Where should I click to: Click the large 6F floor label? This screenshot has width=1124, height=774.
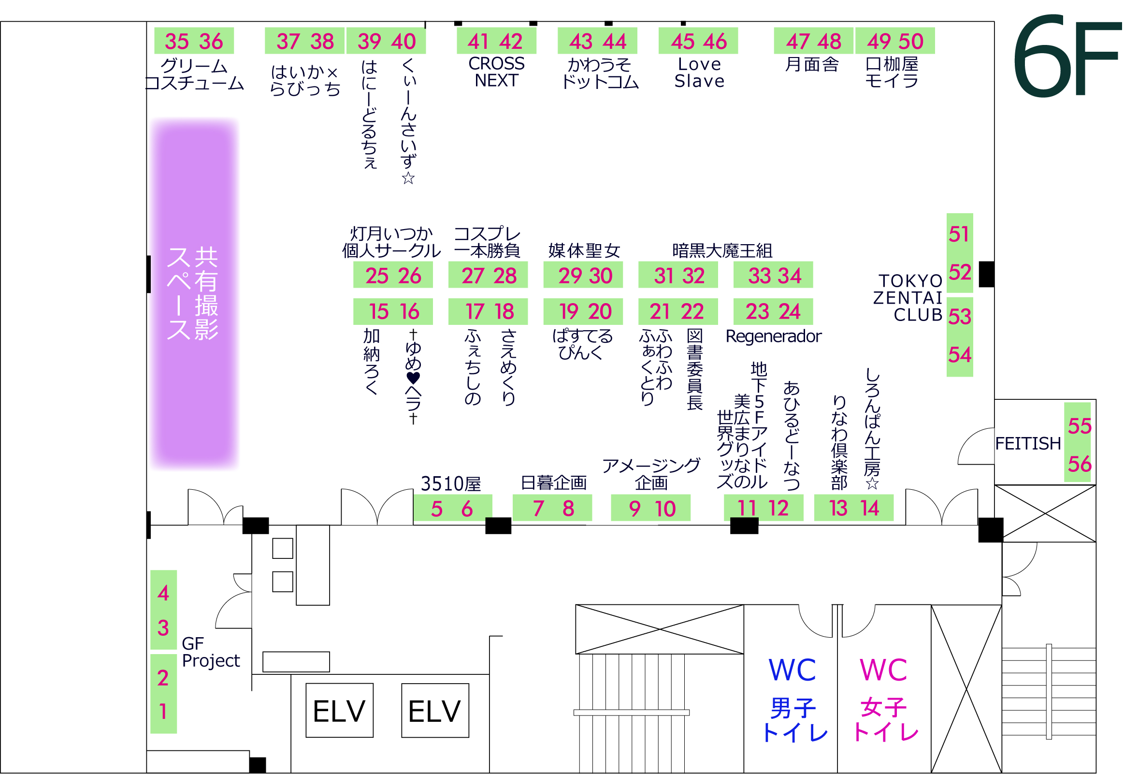(1066, 56)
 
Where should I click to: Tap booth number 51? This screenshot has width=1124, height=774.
(960, 235)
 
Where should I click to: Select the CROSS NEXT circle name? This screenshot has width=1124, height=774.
(497, 72)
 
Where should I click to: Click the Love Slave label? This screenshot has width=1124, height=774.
(700, 73)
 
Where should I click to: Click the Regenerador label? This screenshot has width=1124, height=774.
(774, 336)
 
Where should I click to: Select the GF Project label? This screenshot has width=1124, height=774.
(210, 653)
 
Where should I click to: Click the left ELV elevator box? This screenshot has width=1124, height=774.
(339, 712)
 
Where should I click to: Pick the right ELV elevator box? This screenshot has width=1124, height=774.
(435, 712)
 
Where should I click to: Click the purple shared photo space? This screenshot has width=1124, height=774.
(194, 294)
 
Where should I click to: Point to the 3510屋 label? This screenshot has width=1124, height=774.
(451, 484)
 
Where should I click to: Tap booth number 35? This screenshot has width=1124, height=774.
(176, 42)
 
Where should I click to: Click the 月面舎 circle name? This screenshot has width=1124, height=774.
(813, 64)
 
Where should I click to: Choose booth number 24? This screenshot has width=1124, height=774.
(789, 312)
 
